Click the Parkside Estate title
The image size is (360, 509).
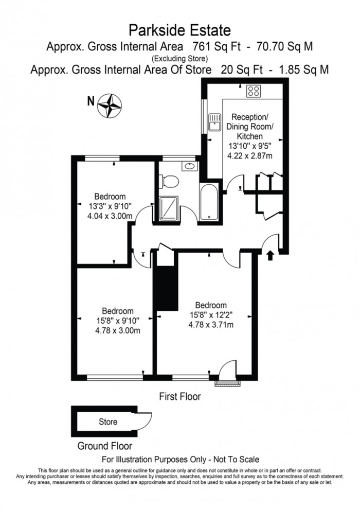coord(179,30)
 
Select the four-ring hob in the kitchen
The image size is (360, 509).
coord(254,91)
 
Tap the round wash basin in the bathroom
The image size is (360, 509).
coord(189,166)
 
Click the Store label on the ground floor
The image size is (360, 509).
coord(107,422)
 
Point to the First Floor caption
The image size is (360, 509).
coord(179,397)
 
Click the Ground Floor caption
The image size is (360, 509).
coord(104,446)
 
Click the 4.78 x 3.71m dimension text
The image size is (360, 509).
coord(211,324)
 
